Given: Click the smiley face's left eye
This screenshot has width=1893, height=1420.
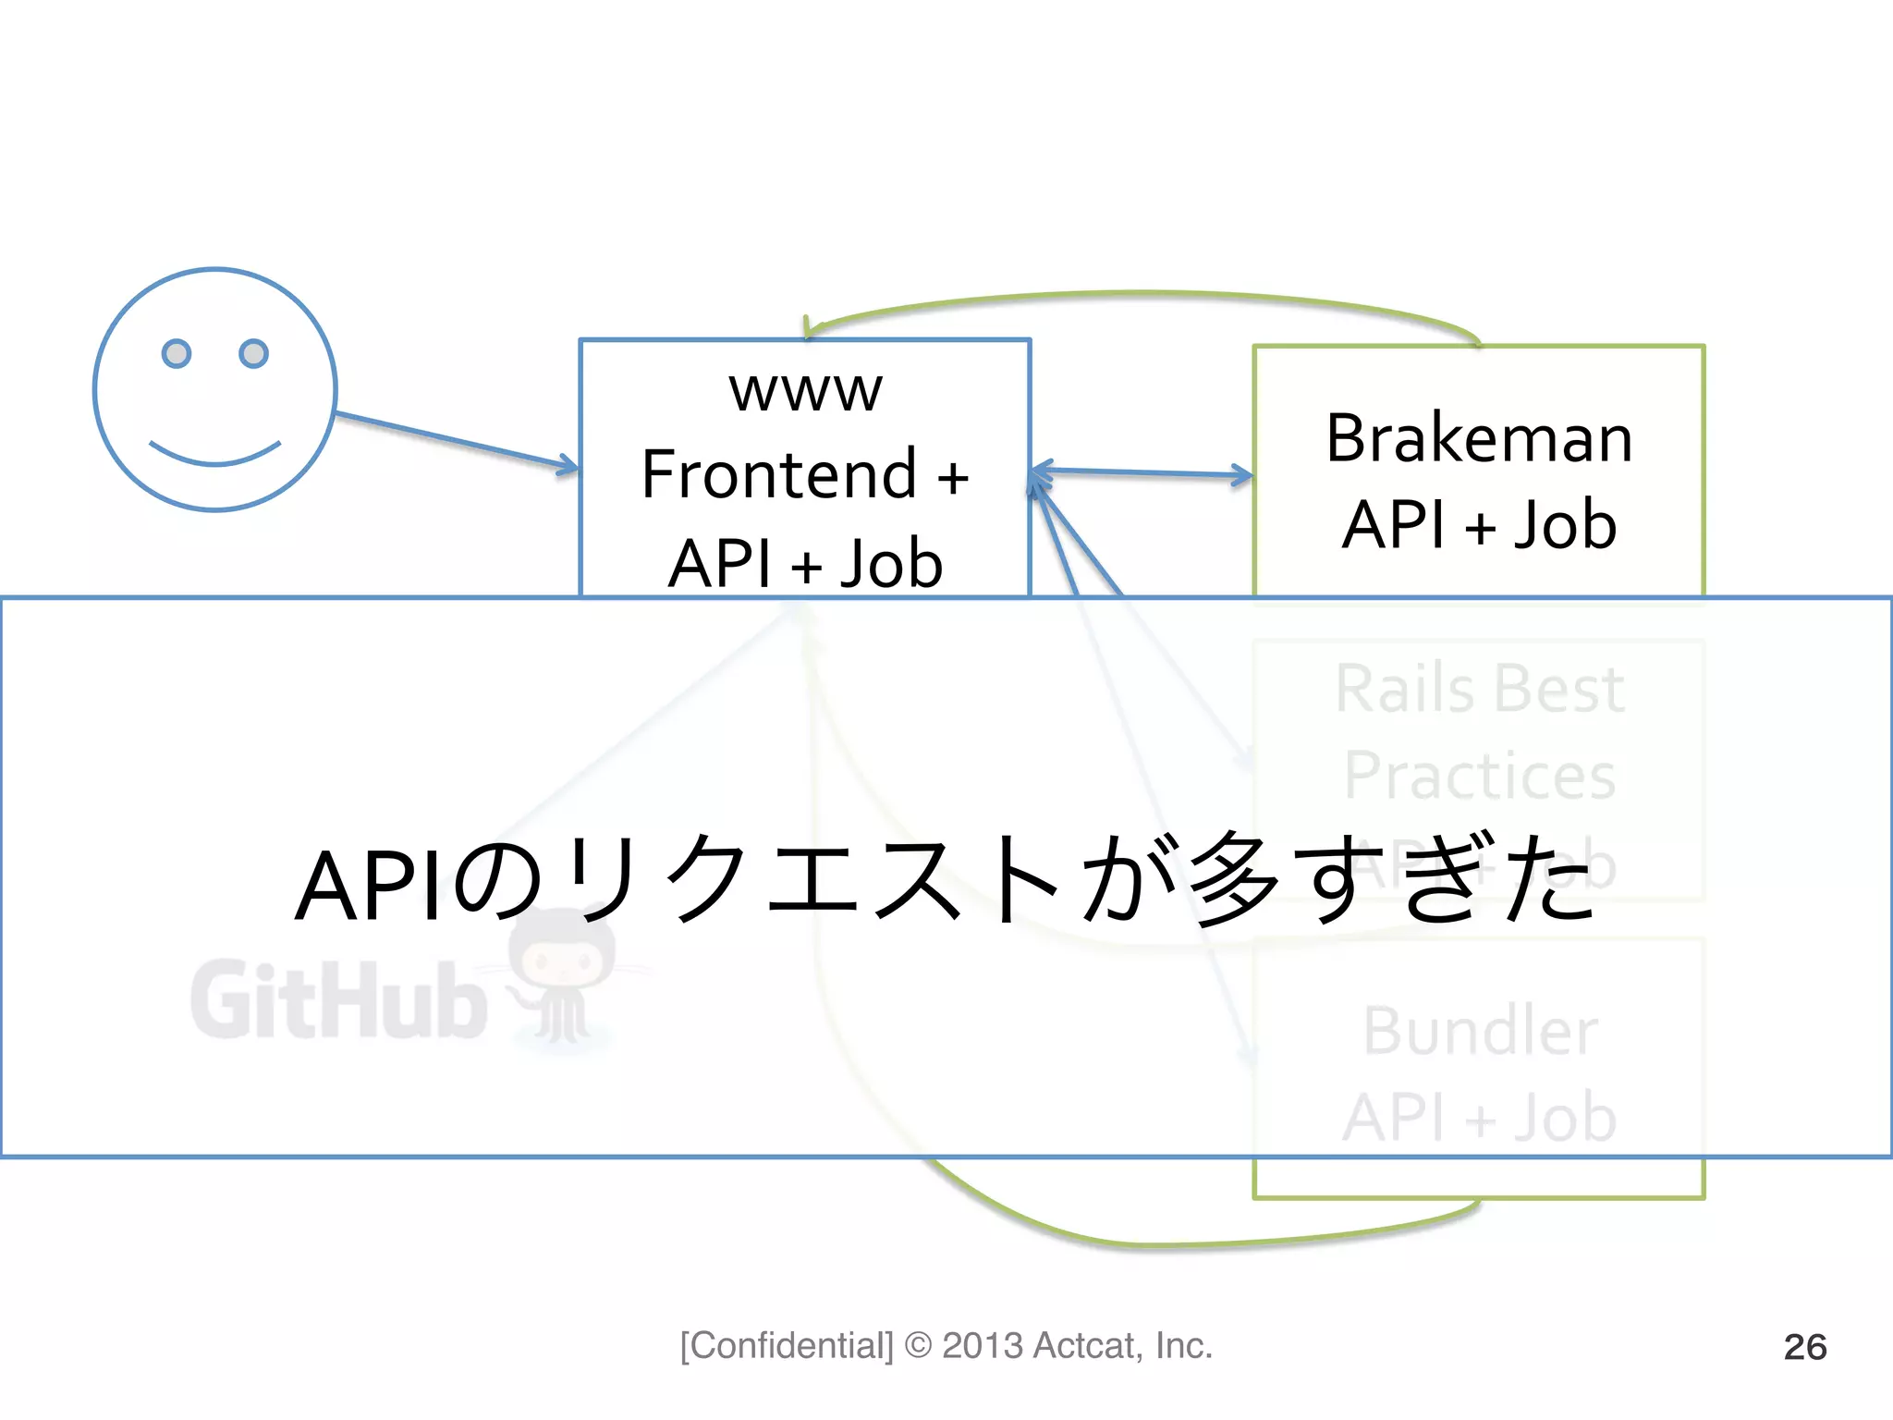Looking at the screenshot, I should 177,353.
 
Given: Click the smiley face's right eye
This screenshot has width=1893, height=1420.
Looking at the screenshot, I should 253,353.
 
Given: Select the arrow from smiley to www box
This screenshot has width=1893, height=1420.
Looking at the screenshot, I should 453,441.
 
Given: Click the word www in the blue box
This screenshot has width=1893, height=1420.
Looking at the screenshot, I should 805,391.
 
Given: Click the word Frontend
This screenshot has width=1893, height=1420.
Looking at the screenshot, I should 778,475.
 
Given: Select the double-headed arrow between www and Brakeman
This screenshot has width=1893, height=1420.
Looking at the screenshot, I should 1142,473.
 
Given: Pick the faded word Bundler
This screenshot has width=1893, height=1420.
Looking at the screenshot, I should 1479,1031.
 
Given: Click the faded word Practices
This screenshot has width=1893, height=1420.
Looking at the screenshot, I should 1479,776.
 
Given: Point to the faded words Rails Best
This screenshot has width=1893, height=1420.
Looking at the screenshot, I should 1479,690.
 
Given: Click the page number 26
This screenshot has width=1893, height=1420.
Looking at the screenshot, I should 1804,1347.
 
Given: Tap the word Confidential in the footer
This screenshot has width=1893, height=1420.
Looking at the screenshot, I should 787,1346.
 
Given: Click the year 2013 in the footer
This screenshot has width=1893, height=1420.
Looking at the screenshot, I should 982,1346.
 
